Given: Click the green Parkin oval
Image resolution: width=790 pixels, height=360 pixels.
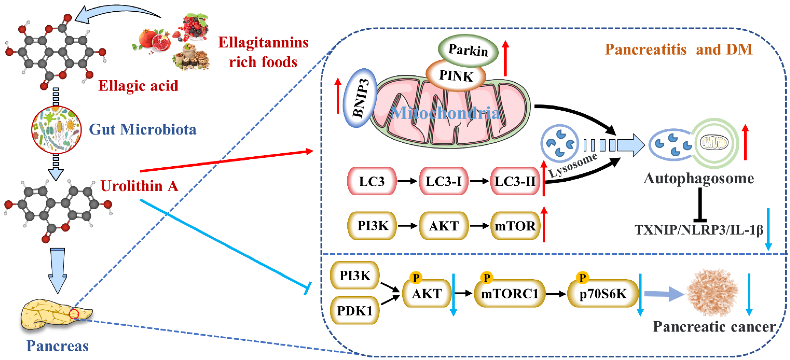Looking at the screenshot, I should pos(468,50).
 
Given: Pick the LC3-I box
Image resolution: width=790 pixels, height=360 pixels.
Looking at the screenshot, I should pos(443,181).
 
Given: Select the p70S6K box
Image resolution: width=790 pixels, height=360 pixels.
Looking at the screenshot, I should pos(603,294).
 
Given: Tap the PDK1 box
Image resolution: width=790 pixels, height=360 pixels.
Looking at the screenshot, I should pos(354,310).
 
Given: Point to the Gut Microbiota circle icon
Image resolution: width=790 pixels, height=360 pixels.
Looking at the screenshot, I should pos(56,129).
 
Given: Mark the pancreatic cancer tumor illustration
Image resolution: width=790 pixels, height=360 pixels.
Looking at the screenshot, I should pos(712,293).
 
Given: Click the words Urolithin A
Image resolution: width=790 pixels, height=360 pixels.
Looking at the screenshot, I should pos(139,186).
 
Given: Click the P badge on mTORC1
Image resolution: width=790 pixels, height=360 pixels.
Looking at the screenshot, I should pos(486,278).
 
